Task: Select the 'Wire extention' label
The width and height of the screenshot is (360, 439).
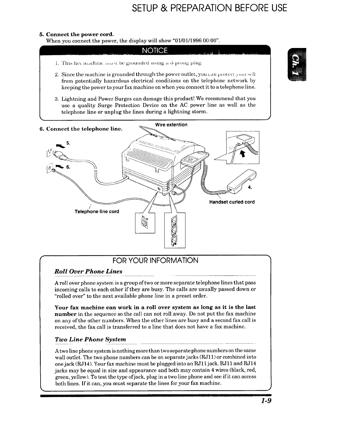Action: (171, 125)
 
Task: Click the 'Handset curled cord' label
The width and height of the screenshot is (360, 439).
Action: (232, 202)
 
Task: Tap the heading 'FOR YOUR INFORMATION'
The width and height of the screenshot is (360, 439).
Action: (155, 261)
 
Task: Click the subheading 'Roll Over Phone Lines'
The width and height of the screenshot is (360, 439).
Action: (89, 271)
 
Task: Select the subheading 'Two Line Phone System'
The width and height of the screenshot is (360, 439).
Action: (90, 339)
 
